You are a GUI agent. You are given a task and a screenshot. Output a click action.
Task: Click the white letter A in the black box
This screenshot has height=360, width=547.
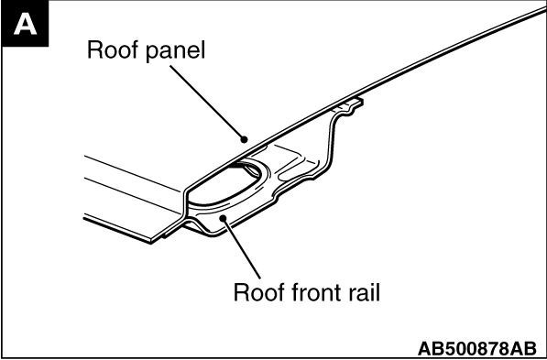coord(25,25)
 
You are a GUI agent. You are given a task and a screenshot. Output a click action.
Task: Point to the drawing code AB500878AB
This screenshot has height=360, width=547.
coord(476,348)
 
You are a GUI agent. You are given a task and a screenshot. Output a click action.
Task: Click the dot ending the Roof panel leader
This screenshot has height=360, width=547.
coord(245,139)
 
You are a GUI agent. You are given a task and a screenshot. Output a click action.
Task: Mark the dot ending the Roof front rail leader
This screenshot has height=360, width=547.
coord(224,218)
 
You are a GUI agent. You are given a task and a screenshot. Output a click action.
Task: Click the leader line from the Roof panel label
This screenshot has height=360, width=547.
coord(207,103)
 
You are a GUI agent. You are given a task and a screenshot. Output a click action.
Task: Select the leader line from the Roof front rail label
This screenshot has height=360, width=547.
coord(242,248)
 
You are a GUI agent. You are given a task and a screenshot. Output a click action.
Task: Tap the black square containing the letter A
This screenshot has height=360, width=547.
coord(25,24)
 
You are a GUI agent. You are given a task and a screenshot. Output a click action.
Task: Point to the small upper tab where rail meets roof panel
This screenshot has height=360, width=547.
coord(349,104)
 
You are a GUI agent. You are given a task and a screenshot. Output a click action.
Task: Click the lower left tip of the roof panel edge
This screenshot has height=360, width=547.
coord(151,242)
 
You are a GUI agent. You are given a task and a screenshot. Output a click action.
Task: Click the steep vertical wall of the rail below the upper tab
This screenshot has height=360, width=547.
coord(331,143)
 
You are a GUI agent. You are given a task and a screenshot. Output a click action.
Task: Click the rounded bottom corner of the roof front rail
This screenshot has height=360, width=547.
coord(213,235)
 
